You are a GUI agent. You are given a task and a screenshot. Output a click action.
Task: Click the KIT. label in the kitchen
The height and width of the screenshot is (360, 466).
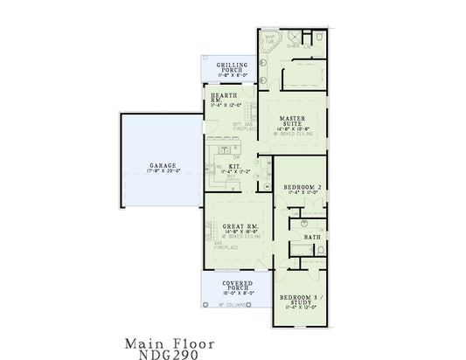[235, 165]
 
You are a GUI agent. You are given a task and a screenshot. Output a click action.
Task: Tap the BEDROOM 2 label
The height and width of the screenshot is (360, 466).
[300, 187]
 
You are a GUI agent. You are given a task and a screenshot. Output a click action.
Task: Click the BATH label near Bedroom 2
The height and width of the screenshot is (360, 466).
[311, 237]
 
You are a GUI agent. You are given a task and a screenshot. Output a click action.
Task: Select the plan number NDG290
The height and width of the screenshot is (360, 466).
[168, 355]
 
